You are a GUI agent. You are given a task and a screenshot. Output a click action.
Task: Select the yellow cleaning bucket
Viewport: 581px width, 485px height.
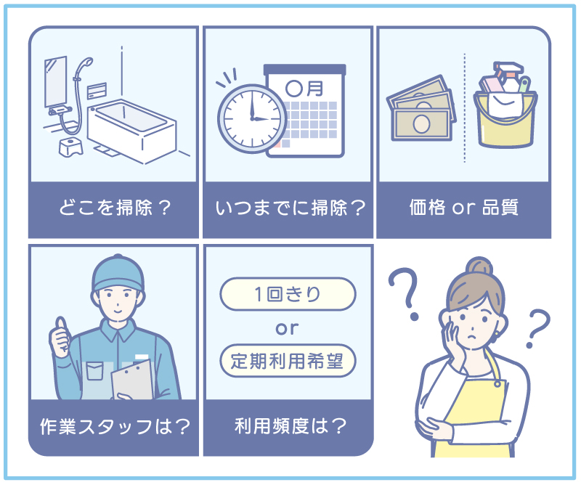(x=506, y=117)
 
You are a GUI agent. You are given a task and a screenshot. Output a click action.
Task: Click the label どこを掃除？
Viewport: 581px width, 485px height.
(x=113, y=208)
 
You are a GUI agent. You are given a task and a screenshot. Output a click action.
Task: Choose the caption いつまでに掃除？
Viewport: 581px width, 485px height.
(x=288, y=208)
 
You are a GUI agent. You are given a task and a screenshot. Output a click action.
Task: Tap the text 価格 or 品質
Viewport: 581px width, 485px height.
(x=463, y=208)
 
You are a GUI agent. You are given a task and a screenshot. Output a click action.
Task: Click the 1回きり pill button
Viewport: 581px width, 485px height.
(x=288, y=294)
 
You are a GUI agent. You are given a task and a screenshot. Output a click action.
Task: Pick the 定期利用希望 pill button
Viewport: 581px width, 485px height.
(x=288, y=359)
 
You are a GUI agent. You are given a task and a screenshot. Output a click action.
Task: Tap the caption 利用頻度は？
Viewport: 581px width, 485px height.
(x=288, y=426)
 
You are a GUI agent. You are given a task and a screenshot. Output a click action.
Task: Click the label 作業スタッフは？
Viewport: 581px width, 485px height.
(x=114, y=426)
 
